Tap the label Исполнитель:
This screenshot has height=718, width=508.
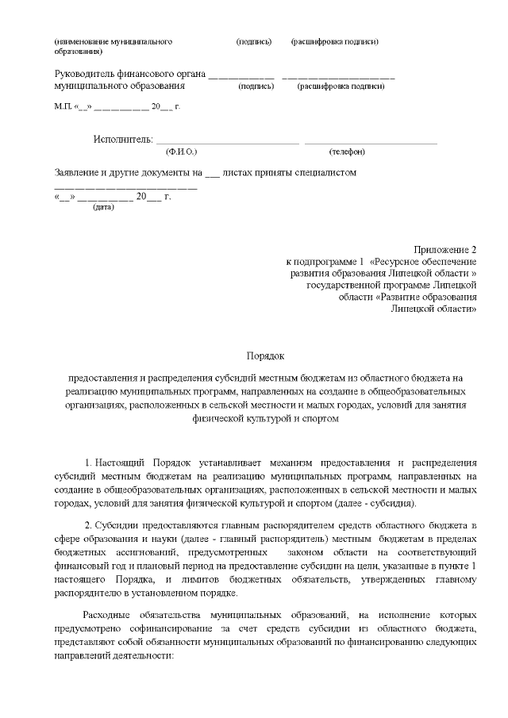[x=122, y=140]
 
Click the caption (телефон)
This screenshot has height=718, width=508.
[x=346, y=151]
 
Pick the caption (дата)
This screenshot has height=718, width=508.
[x=103, y=207]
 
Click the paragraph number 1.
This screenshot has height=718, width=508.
[x=87, y=462]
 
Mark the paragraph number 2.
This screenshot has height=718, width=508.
[x=87, y=525]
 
